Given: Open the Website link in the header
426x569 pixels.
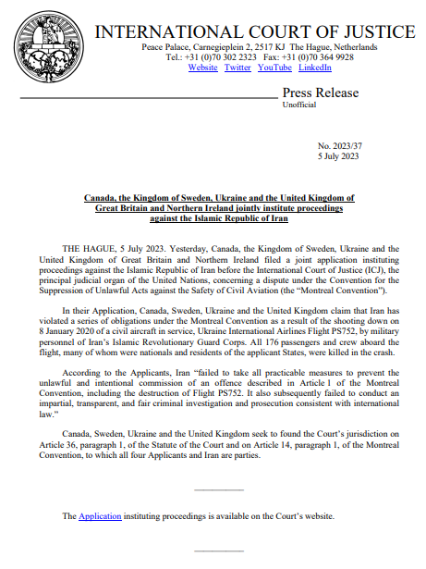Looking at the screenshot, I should pyautogui.click(x=203, y=68).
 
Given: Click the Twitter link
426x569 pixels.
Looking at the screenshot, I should pyautogui.click(x=237, y=68).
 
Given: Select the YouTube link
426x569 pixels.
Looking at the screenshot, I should pyautogui.click(x=274, y=68).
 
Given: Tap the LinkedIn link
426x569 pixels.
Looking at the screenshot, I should pyautogui.click(x=315, y=68).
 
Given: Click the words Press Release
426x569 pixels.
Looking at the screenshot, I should pyautogui.click(x=320, y=93).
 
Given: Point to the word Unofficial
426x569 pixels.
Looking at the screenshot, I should pyautogui.click(x=298, y=105).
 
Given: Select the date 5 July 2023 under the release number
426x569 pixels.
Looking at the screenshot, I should pyautogui.click(x=338, y=156).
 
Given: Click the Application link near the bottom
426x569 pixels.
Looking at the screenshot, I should pyautogui.click(x=100, y=515).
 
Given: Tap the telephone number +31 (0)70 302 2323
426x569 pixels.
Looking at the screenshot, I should pyautogui.click(x=215, y=57).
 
